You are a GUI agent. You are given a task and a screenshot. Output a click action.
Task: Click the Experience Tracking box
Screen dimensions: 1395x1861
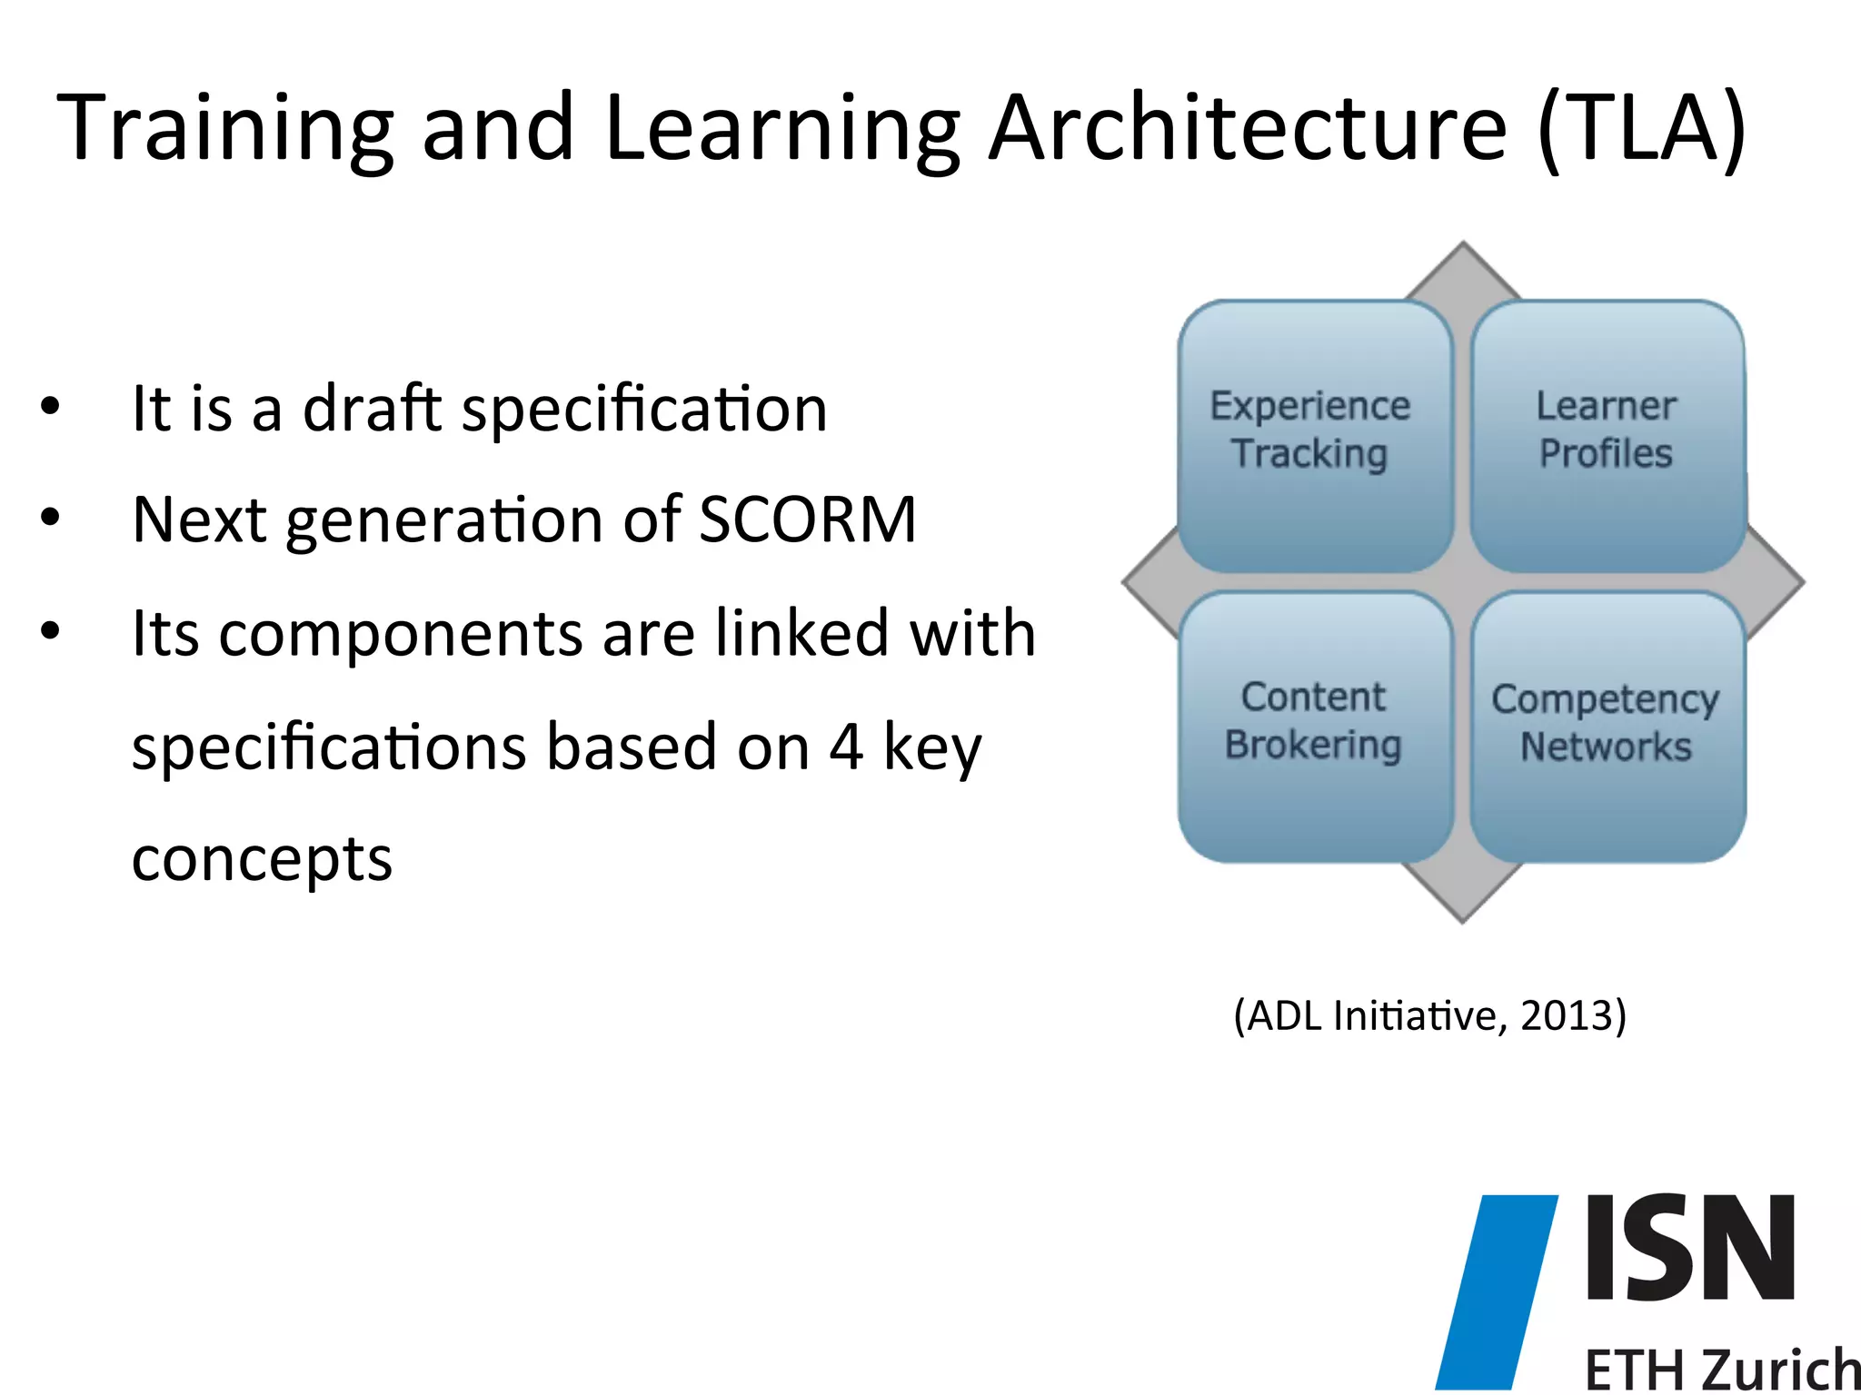pos(1313,436)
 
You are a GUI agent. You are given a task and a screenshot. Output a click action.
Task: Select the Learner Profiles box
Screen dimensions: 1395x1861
pos(1607,436)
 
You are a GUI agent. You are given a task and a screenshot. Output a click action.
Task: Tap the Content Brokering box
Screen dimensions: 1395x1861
pos(1313,727)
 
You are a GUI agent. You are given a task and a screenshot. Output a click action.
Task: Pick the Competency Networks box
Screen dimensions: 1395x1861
pos(1607,727)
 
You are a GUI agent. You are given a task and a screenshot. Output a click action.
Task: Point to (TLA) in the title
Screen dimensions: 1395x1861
pos(1641,129)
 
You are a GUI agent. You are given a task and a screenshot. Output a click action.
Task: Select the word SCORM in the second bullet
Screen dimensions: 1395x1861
pos(808,520)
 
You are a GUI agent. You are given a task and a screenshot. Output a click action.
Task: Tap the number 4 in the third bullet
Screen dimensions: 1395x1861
pos(846,747)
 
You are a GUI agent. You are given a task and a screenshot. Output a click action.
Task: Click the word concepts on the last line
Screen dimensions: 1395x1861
pos(262,859)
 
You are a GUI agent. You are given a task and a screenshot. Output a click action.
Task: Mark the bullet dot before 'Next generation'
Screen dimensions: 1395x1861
pos(50,518)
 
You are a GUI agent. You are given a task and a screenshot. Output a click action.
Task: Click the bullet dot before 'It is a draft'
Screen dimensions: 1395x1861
pos(50,406)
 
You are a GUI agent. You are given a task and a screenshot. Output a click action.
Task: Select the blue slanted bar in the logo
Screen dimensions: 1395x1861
pos(1496,1290)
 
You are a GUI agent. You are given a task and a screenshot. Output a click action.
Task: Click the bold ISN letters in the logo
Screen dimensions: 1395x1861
pos(1690,1248)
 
